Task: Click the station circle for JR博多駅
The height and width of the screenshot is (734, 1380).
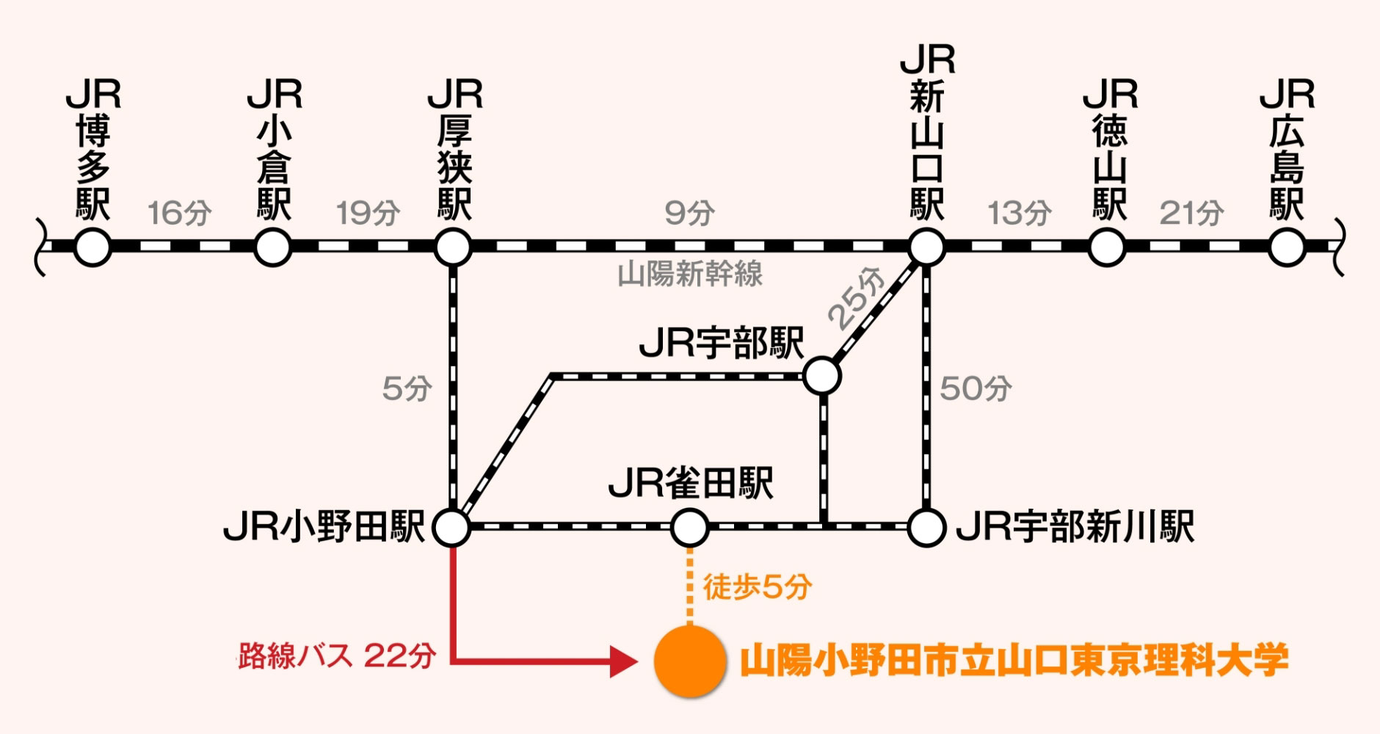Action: tap(92, 247)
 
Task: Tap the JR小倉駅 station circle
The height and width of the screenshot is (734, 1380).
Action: tap(272, 247)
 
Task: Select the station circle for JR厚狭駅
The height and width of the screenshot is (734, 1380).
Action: tap(453, 247)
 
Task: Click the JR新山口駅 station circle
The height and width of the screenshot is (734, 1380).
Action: tap(926, 247)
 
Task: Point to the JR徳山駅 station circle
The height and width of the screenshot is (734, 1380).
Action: tap(1107, 247)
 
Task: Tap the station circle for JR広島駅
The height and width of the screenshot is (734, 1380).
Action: tap(1287, 247)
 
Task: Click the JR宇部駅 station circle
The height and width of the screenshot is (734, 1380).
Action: tap(822, 376)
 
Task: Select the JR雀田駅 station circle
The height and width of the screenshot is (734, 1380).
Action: tap(689, 527)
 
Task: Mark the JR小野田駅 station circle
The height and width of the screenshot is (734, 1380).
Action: tap(451, 527)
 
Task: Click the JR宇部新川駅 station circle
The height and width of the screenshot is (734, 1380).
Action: tap(926, 527)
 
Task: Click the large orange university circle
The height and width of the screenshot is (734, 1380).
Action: tap(689, 661)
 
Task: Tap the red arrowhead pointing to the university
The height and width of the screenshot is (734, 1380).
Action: tap(624, 661)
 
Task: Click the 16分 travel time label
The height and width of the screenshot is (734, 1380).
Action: tap(180, 214)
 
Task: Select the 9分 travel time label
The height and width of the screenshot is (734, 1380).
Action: tap(689, 214)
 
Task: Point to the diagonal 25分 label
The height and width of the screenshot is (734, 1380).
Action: tap(857, 297)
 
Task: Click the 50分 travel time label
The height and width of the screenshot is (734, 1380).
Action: tap(975, 388)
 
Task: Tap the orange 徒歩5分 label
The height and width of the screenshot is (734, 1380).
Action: tap(757, 587)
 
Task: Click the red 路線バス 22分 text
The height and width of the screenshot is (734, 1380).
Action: tap(337, 655)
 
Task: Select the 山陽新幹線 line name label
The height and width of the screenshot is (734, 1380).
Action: tap(689, 275)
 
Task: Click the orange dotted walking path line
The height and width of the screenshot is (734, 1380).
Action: tap(689, 587)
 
